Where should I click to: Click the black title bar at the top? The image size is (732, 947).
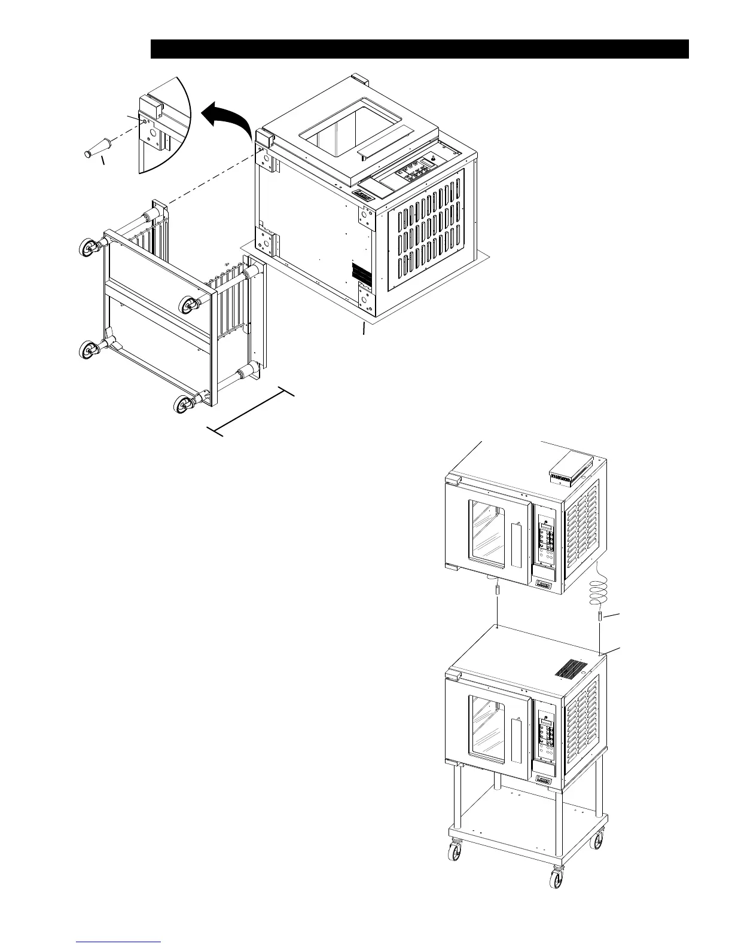point(419,49)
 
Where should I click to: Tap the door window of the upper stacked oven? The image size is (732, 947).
point(487,534)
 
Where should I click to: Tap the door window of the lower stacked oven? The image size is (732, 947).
point(487,729)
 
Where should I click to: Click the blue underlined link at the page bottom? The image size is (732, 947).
point(119,941)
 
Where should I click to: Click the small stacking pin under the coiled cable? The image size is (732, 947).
point(599,616)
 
